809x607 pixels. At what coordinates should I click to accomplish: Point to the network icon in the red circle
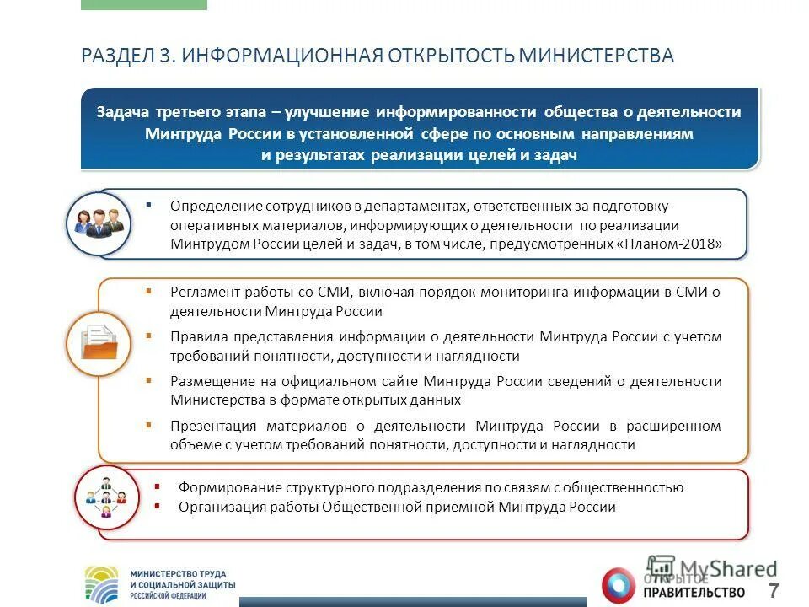(x=105, y=497)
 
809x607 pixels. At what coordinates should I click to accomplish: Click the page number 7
(x=773, y=589)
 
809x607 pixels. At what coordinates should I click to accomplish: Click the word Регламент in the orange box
(x=204, y=292)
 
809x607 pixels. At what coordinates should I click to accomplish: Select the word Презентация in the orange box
(x=211, y=426)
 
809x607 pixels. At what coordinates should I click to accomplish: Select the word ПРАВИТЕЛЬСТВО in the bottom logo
(x=696, y=591)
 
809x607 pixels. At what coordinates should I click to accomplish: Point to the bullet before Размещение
(x=148, y=380)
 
